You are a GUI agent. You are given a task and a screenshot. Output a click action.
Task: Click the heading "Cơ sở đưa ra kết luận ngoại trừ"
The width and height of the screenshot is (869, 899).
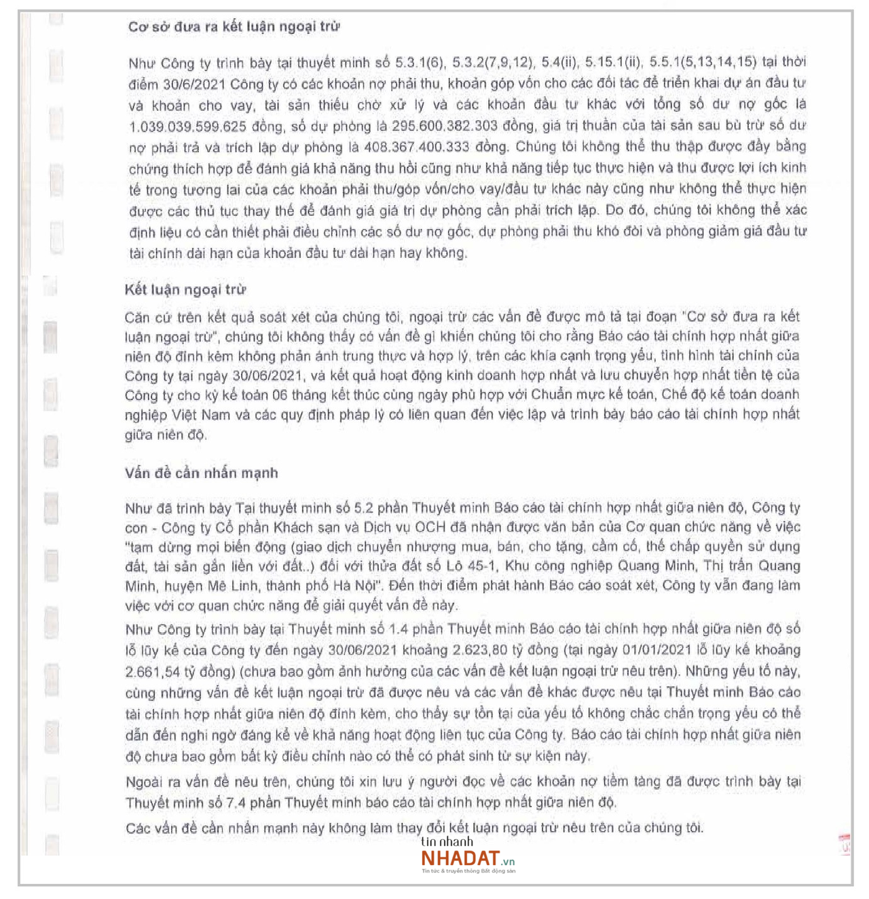point(234,27)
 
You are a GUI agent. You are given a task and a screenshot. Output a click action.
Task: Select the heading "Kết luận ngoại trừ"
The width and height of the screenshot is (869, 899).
point(185,290)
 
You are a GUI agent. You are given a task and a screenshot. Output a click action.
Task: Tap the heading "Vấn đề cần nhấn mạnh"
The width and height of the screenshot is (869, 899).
point(201,473)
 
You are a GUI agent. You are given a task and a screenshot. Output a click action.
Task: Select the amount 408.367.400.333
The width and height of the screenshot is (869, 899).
point(417,147)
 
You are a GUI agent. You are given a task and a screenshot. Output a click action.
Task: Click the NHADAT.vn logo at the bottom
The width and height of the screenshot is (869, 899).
point(468,858)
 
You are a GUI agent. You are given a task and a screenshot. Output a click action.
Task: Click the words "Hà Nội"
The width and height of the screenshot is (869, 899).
point(354,586)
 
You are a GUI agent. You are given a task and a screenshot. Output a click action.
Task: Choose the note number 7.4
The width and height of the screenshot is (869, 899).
point(236,803)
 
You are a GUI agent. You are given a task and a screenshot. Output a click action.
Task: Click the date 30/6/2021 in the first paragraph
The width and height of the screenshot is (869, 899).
point(194,84)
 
